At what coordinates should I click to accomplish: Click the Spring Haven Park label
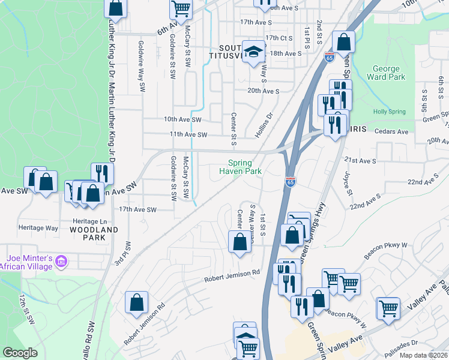pyautogui.click(x=244, y=167)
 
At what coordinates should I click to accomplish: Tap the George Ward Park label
pyautogui.click(x=389, y=73)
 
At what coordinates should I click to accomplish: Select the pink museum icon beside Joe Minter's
pyautogui.click(x=61, y=261)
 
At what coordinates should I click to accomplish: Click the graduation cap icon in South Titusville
pyautogui.click(x=253, y=50)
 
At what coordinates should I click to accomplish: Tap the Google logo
pyautogui.click(x=20, y=353)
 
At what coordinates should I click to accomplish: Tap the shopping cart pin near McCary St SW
pyautogui.click(x=181, y=8)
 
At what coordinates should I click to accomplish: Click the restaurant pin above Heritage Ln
pyautogui.click(x=102, y=173)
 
